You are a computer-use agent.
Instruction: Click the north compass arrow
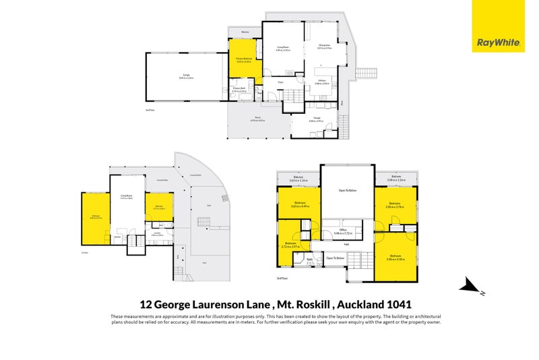point(472,287)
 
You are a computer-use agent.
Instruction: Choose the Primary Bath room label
point(239,89)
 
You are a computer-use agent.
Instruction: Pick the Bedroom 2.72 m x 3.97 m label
point(290,245)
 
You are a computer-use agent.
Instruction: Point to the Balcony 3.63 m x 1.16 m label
point(298,179)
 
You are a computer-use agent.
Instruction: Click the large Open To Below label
point(346,191)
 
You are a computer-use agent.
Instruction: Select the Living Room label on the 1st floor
point(125,197)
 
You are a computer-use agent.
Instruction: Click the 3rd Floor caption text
point(281,278)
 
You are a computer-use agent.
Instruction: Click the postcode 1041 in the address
point(397,304)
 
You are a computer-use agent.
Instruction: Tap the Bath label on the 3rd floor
point(309,259)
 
